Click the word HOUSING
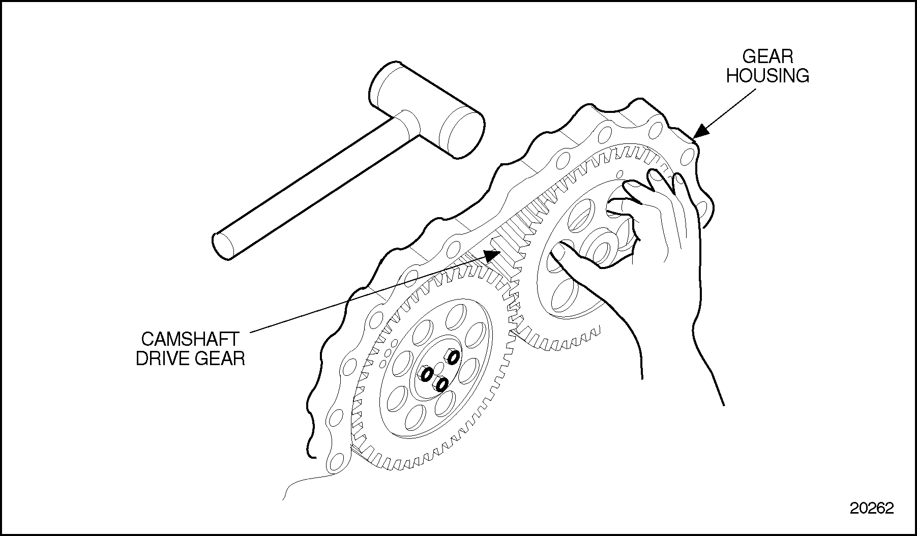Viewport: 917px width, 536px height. click(767, 76)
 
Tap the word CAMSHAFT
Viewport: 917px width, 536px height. click(189, 339)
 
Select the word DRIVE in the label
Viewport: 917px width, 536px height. click(162, 359)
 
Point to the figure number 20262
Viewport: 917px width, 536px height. click(872, 509)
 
